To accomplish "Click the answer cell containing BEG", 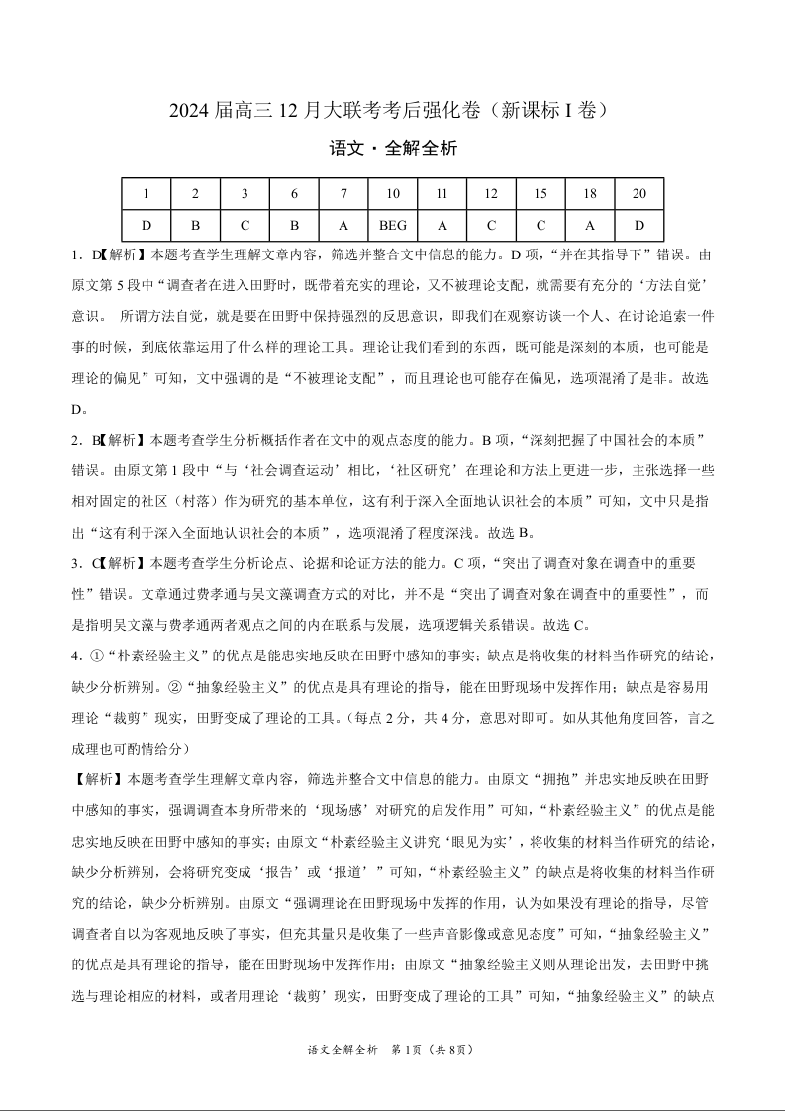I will [x=393, y=225].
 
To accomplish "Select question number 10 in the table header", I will [x=393, y=194].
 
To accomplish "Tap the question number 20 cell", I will [x=638, y=194].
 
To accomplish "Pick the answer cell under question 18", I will [x=589, y=225].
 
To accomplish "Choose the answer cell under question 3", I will [x=245, y=225].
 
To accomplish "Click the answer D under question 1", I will [x=147, y=225].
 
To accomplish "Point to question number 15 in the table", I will [x=540, y=194].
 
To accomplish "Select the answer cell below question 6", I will [x=294, y=225].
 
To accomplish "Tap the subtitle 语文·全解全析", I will [x=393, y=150].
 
